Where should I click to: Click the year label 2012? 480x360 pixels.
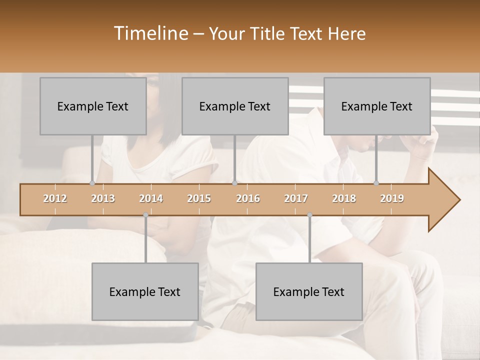point(55,198)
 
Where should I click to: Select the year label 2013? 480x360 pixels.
point(103,198)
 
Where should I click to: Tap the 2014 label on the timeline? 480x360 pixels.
point(151,198)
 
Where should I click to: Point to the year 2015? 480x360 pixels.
point(199,198)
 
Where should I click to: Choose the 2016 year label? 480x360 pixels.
point(248,198)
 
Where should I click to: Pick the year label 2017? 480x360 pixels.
point(296,198)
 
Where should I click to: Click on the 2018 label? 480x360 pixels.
point(344,198)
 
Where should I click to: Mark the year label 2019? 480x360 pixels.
point(392,198)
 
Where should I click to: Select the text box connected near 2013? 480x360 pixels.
point(93,106)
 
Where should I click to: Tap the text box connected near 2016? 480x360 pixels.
point(235,106)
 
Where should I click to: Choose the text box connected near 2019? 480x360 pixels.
point(377,106)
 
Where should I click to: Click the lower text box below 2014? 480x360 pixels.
point(145,291)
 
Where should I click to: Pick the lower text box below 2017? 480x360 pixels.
point(309,291)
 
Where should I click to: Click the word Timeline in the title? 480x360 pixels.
point(150,33)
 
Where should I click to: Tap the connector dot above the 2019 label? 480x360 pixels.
point(376,183)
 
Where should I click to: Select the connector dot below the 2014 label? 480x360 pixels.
point(145,215)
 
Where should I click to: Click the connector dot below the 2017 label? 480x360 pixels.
point(309,215)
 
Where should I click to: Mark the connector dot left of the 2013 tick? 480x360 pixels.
point(92,183)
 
